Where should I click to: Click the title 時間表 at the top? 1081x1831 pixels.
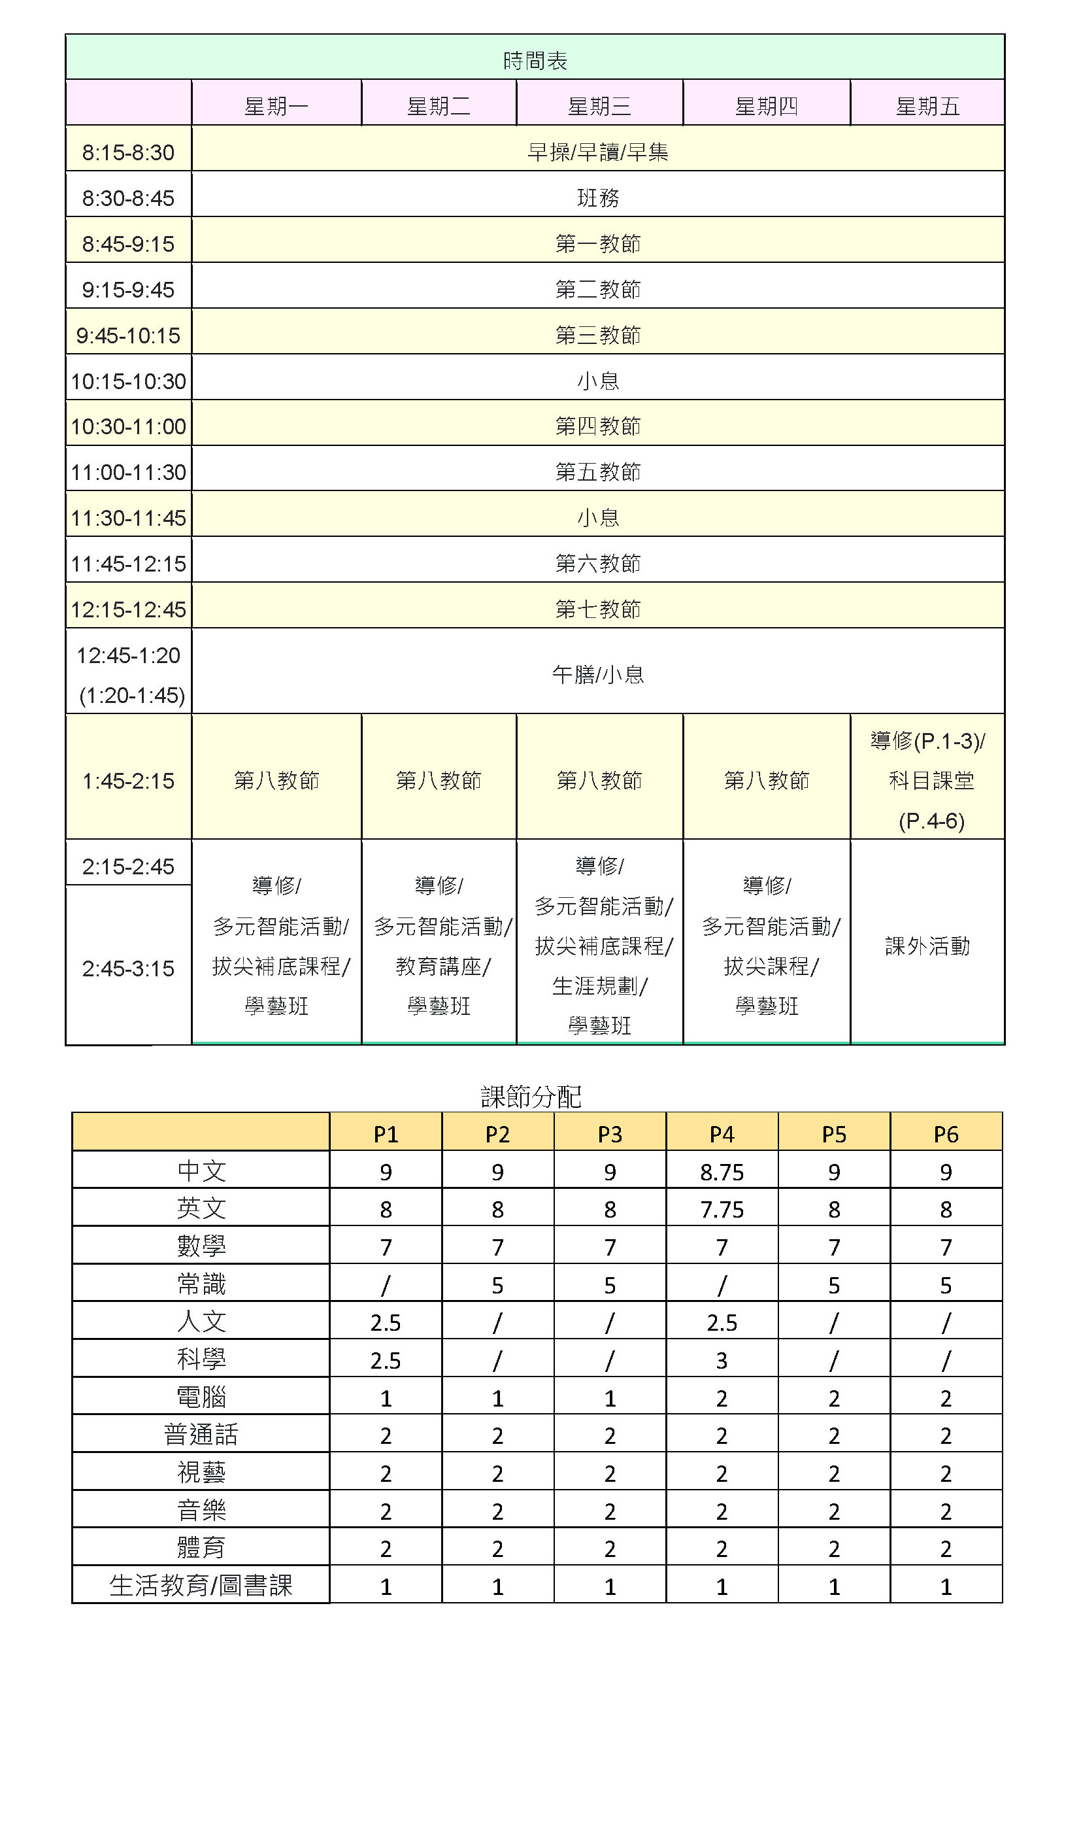pyautogui.click(x=535, y=60)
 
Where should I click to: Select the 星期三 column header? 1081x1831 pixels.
pyautogui.click(x=599, y=107)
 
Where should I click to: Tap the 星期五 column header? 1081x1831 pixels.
pyautogui.click(x=927, y=107)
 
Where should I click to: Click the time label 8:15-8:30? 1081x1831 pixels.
pyautogui.click(x=128, y=152)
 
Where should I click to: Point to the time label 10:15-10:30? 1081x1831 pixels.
pyautogui.click(x=128, y=381)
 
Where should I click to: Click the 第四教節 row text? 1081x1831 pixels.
pyautogui.click(x=597, y=426)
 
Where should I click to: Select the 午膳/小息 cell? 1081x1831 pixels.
pyautogui.click(x=597, y=675)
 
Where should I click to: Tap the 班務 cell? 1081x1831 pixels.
pyautogui.click(x=597, y=198)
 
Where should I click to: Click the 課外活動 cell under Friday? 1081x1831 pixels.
pyautogui.click(x=927, y=946)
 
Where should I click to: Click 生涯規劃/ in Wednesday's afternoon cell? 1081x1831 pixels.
pyautogui.click(x=599, y=986)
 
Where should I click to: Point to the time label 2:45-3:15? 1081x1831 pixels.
pyautogui.click(x=128, y=968)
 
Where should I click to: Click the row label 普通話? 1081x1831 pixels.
pyautogui.click(x=201, y=1435)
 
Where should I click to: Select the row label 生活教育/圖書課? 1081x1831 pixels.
pyautogui.click(x=201, y=1586)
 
